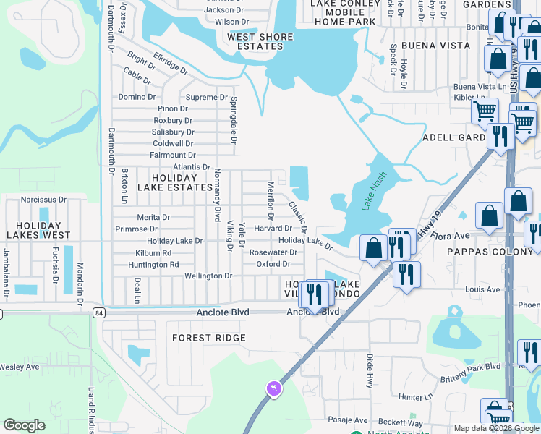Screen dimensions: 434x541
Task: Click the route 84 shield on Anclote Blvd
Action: pyautogui.click(x=99, y=312)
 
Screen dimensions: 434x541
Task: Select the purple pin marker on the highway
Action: pyautogui.click(x=274, y=389)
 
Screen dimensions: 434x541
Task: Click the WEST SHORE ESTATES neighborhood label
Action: pyautogui.click(x=260, y=42)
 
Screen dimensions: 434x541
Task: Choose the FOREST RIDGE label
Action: pyautogui.click(x=209, y=338)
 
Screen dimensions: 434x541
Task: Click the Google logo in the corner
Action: pyautogui.click(x=24, y=425)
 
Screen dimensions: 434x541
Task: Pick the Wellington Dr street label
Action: pyautogui.click(x=208, y=276)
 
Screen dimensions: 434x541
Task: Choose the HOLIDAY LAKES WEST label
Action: pyautogui.click(x=38, y=229)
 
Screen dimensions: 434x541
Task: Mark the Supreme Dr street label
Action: pyautogui.click(x=206, y=97)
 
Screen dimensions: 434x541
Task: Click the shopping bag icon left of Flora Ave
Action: pyautogui.click(x=373, y=249)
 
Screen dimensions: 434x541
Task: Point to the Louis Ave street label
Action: pyautogui.click(x=482, y=289)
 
